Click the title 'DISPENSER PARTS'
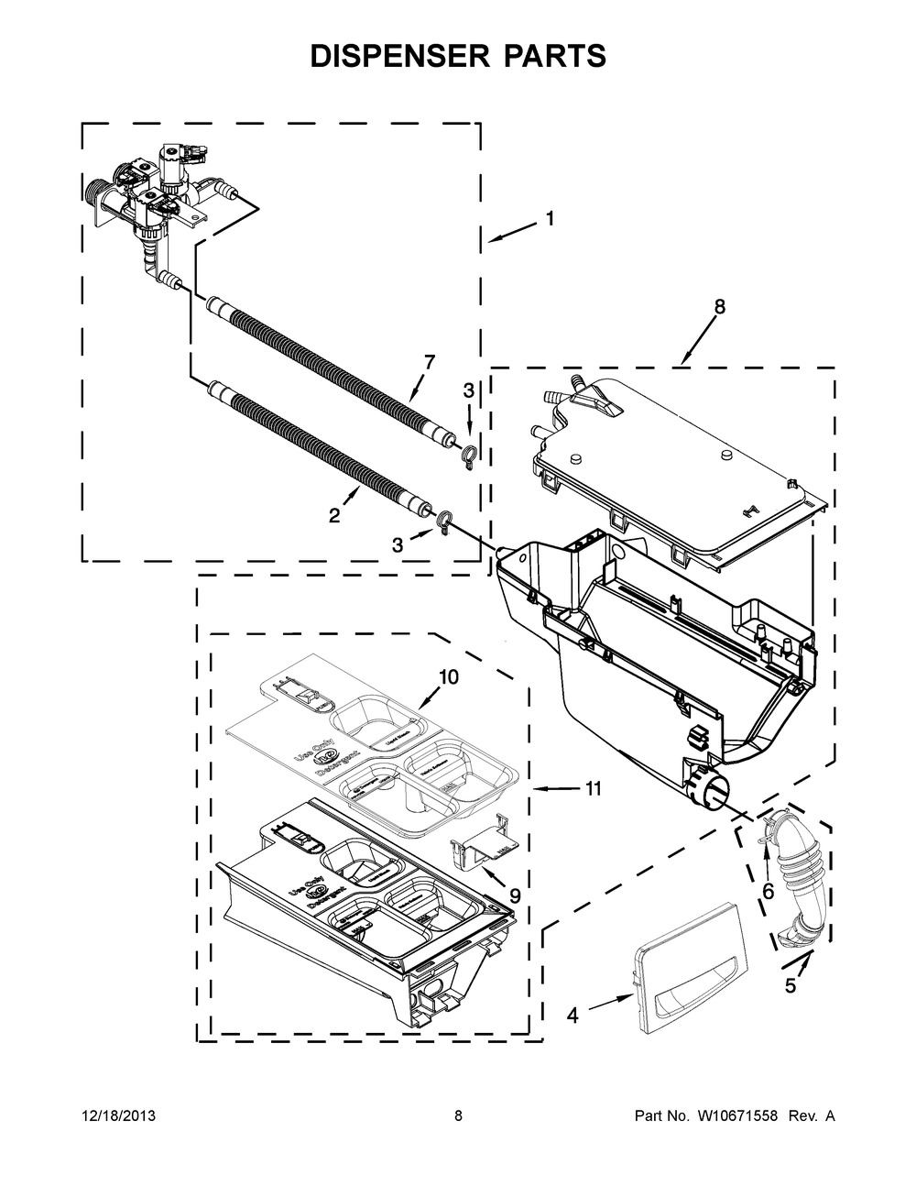tap(458, 56)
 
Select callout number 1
tap(550, 219)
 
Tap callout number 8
tap(719, 308)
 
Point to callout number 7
tap(429, 362)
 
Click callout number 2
tap(335, 516)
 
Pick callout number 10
tap(448, 676)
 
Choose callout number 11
tap(593, 787)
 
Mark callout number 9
tap(515, 895)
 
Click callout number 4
tap(572, 1015)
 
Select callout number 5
tap(790, 987)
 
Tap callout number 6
tap(768, 890)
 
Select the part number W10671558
tap(733, 1116)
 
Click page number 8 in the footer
tap(458, 1116)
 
